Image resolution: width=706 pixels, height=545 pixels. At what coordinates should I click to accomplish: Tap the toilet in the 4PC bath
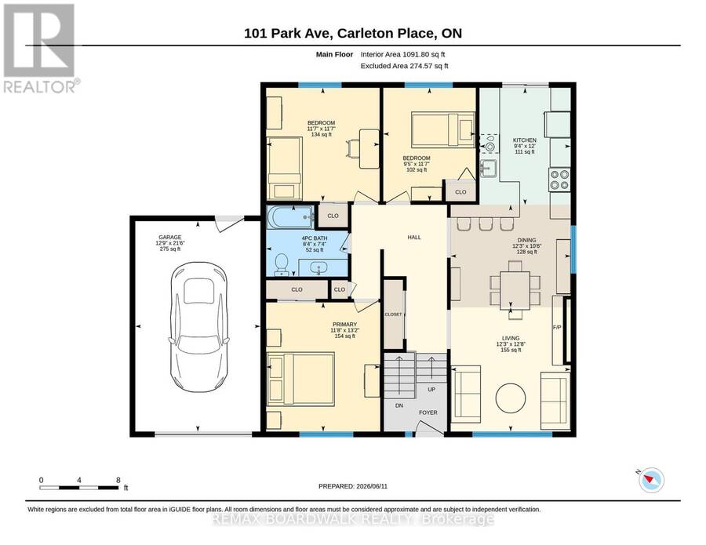[x=282, y=264]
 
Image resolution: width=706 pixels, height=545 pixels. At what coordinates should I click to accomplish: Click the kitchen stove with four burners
[x=559, y=180]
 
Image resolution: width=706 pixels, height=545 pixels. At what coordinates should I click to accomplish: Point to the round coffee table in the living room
[x=511, y=398]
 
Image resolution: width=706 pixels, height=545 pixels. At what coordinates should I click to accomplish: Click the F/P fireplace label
[x=557, y=327]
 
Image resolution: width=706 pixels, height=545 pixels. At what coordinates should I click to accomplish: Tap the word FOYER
[x=428, y=412]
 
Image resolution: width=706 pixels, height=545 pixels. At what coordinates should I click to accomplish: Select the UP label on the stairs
[x=431, y=389]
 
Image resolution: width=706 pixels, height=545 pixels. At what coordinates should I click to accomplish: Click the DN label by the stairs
[x=399, y=405]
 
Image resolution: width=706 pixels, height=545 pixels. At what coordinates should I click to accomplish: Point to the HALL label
[x=414, y=237]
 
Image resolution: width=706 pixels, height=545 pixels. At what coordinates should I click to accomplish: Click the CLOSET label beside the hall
[x=393, y=314]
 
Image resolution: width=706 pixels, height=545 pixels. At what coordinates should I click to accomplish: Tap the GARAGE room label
[x=169, y=237]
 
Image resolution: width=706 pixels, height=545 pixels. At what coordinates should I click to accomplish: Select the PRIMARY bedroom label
[x=344, y=324]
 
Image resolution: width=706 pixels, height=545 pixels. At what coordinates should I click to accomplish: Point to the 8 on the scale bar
[x=118, y=480]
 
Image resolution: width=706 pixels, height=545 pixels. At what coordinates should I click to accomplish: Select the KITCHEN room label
[x=525, y=140]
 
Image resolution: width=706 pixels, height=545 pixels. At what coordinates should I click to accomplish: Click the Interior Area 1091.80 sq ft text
[x=402, y=54]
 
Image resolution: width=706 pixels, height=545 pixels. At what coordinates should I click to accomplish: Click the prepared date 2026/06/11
[x=372, y=486]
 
